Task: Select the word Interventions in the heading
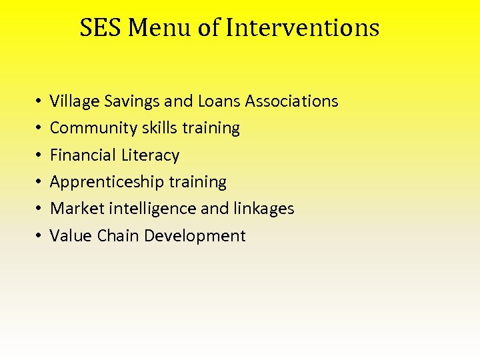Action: click(303, 28)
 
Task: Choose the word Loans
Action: click(219, 101)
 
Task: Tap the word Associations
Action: click(292, 101)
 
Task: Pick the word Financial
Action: click(83, 155)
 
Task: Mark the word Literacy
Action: click(151, 155)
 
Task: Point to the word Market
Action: click(71, 209)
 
